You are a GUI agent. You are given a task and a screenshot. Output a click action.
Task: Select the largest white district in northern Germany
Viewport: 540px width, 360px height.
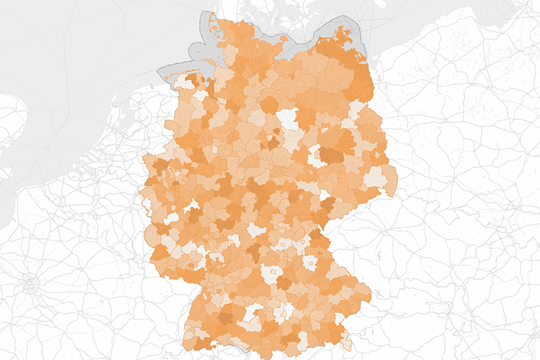click(x=289, y=118)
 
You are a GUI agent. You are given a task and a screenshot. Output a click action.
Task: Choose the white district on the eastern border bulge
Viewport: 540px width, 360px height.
click(x=376, y=177)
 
